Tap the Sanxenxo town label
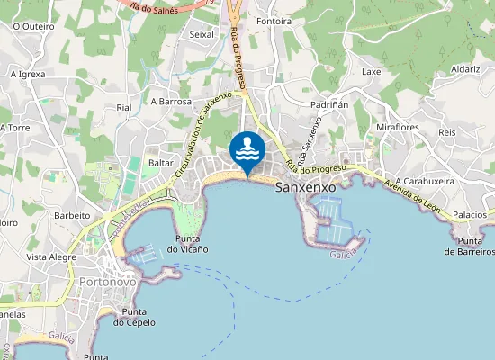click(304, 187)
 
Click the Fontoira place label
click(273, 20)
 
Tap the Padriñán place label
click(328, 104)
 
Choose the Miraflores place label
click(398, 128)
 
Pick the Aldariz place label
click(465, 69)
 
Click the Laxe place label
click(372, 71)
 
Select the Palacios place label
click(470, 216)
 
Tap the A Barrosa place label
click(172, 102)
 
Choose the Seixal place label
click(201, 34)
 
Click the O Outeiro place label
click(34, 26)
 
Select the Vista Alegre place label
click(49, 256)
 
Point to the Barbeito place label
click(72, 216)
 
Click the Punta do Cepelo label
click(134, 317)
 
